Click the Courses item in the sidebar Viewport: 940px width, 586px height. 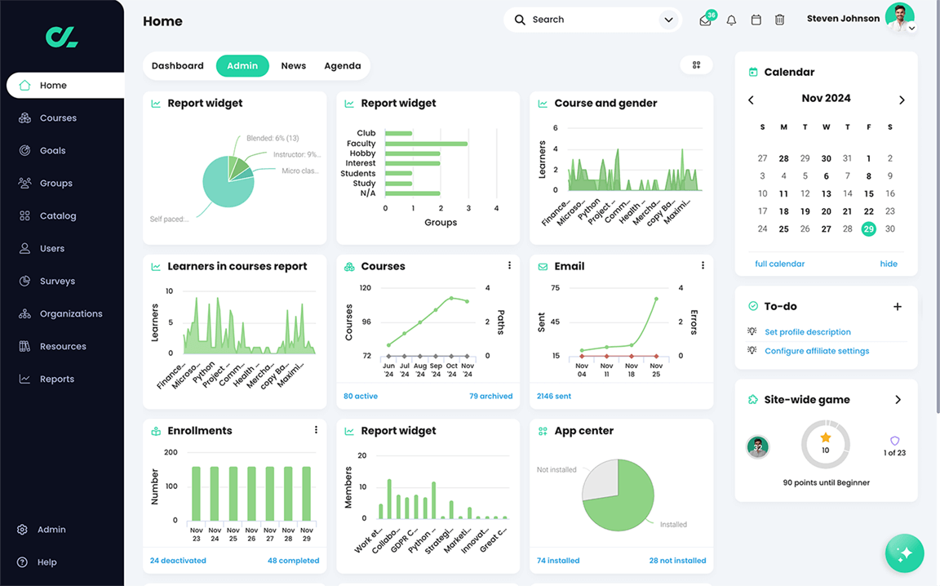[x=57, y=118]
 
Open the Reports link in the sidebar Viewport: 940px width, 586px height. [x=56, y=380]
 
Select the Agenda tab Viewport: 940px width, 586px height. [x=342, y=66]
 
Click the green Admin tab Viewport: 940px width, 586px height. [x=242, y=66]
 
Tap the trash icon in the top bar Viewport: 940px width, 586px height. [x=779, y=20]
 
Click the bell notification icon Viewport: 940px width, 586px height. [x=731, y=20]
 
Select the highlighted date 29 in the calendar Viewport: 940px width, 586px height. [x=868, y=229]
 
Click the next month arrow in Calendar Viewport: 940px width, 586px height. [x=902, y=100]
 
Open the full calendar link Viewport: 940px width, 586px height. [x=779, y=264]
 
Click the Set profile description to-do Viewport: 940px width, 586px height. [x=807, y=332]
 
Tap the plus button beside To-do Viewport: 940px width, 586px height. [x=898, y=307]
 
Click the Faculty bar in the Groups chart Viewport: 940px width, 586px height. [x=425, y=144]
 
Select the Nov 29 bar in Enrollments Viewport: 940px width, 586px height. [x=307, y=493]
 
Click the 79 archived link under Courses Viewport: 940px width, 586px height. [x=490, y=397]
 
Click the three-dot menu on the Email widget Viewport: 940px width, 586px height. [x=703, y=266]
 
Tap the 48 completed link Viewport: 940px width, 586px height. [x=293, y=561]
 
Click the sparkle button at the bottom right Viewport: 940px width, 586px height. [x=904, y=553]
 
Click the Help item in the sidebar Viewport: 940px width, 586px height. [x=47, y=562]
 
